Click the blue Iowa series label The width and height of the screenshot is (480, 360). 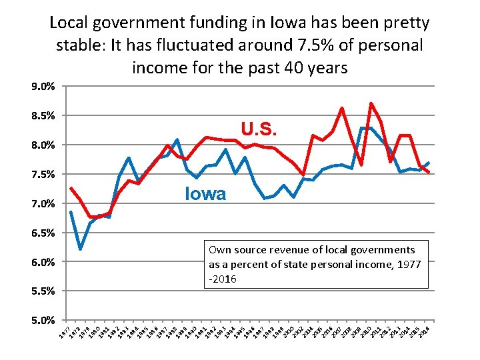(x=205, y=194)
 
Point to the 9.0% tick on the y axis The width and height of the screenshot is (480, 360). (x=43, y=87)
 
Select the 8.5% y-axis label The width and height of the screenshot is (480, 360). (x=43, y=116)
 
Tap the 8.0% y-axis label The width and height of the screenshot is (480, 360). (x=43, y=145)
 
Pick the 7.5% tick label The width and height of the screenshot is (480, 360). (x=43, y=175)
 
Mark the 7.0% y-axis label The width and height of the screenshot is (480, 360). (x=43, y=203)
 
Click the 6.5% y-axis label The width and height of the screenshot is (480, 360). (x=43, y=233)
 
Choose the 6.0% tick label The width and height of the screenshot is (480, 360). (x=43, y=262)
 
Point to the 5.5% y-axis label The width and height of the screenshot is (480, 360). (x=43, y=291)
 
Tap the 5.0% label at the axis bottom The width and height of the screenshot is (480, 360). (x=43, y=321)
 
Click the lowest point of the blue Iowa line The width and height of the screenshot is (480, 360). (x=80, y=249)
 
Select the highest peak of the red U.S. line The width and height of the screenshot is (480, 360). (x=371, y=103)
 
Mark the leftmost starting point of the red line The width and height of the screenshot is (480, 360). (x=70, y=187)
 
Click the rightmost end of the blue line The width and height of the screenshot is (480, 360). (x=429, y=163)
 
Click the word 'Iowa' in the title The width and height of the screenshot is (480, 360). (x=287, y=23)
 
